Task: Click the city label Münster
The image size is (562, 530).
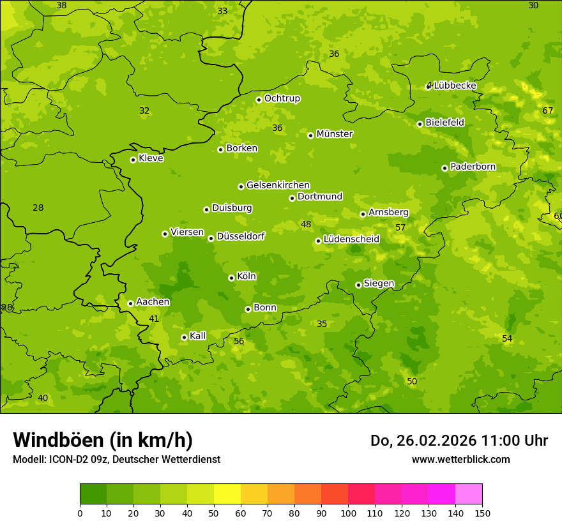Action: point(334,134)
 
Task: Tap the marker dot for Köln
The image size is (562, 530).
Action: point(231,278)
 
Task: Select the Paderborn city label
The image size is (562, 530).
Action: point(473,167)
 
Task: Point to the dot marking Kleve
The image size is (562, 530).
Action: point(133,160)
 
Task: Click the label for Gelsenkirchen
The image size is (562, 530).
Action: point(278,185)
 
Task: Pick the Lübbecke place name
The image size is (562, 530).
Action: point(455,86)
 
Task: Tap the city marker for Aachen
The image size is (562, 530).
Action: point(130,303)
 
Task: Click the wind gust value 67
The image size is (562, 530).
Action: point(547,110)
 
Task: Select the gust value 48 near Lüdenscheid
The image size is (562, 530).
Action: point(306,224)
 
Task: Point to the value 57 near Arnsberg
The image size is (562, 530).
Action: point(400,227)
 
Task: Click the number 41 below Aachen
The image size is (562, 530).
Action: point(154,319)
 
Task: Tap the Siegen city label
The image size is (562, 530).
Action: point(379,284)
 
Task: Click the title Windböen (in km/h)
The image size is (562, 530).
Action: point(103,440)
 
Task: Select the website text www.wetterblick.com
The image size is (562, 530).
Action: point(460,459)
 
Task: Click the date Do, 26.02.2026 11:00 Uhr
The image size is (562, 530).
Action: point(459,441)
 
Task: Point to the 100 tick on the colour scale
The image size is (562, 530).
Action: point(348,513)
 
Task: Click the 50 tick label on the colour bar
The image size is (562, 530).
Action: point(214,513)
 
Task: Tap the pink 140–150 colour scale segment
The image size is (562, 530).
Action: point(469,494)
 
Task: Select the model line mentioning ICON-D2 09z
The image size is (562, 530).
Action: point(116,459)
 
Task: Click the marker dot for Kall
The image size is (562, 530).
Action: point(184,337)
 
